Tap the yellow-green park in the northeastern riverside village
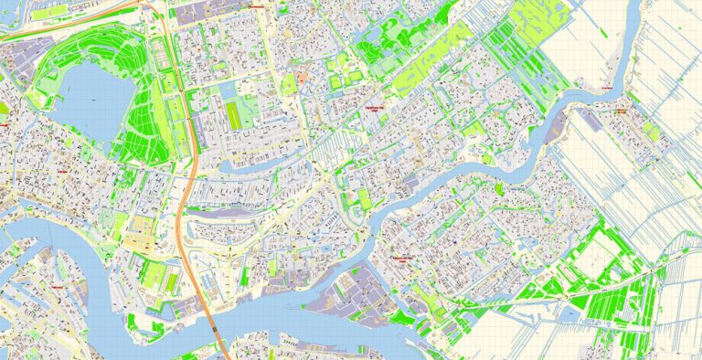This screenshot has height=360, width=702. pos(650,131)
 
